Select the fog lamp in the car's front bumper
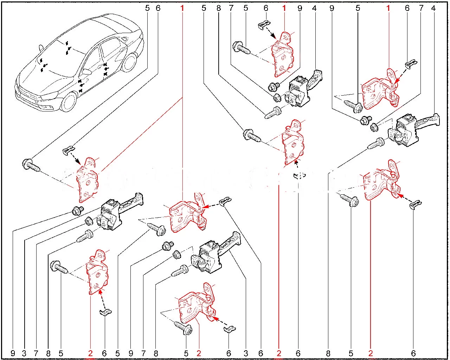45,106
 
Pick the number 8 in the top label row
219,8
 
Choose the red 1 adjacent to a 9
284,8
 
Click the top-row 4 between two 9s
314,8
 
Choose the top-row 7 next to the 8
231,8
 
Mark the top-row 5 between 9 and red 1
358,8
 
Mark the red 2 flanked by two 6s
279,353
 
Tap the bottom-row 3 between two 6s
246,353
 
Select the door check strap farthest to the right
411,130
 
